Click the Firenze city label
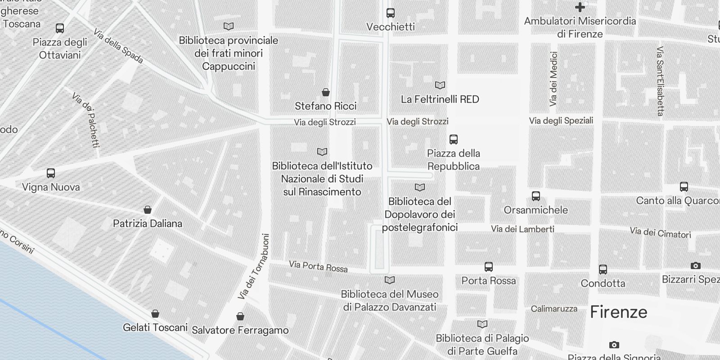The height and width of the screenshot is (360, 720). [618, 312]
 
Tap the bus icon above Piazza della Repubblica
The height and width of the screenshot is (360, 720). [454, 139]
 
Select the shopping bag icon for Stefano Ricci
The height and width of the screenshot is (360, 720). [326, 93]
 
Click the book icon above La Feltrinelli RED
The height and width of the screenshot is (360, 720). [440, 85]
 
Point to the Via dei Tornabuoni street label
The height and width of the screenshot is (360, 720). [253, 266]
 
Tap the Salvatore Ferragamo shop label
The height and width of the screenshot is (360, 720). [240, 330]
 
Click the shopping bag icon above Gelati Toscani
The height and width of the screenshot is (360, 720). [155, 314]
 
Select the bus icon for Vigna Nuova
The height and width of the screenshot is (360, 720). [51, 173]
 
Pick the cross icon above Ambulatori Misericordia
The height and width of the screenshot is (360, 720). [580, 7]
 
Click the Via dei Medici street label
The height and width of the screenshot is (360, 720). [553, 79]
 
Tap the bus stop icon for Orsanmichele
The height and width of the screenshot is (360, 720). [535, 196]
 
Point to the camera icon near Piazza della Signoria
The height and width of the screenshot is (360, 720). [614, 345]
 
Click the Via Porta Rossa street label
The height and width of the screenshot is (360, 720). [318, 266]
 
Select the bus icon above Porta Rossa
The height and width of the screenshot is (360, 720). [489, 267]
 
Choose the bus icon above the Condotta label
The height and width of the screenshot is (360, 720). [603, 270]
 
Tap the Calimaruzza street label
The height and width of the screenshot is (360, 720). [554, 309]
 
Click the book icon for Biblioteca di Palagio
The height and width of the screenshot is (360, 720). [482, 324]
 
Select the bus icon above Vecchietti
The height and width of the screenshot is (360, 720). [391, 13]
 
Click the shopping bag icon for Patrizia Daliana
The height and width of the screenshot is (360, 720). [148, 210]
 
